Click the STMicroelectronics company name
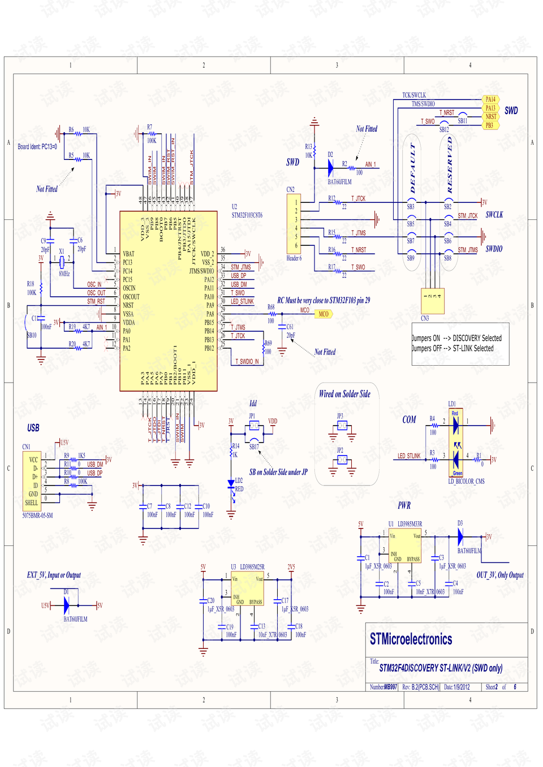[411, 639]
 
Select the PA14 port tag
[490, 99]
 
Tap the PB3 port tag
[490, 125]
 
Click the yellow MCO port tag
[323, 314]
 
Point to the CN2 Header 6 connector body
[294, 224]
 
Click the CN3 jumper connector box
[433, 301]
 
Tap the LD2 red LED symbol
[231, 484]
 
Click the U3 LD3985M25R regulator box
[248, 589]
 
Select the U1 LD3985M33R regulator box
[404, 545]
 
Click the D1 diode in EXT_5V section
[66, 605]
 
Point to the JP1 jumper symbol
[254, 426]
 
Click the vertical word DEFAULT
[412, 168]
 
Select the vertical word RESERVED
[450, 165]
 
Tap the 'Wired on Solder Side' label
[344, 394]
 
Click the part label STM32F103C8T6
[247, 215]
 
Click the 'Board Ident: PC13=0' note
[37, 147]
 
